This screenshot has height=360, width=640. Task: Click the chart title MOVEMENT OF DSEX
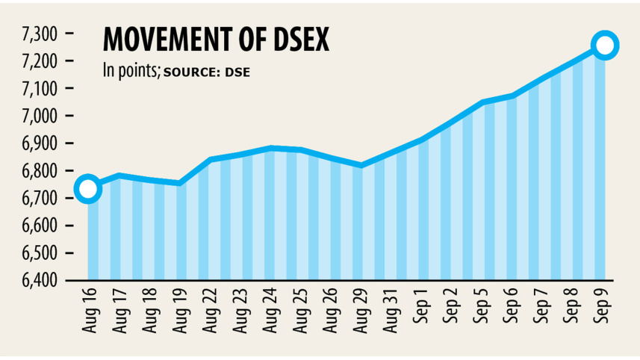pos(215,40)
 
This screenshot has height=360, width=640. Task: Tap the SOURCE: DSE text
pos(207,72)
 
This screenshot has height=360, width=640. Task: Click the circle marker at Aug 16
pos(87,189)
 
